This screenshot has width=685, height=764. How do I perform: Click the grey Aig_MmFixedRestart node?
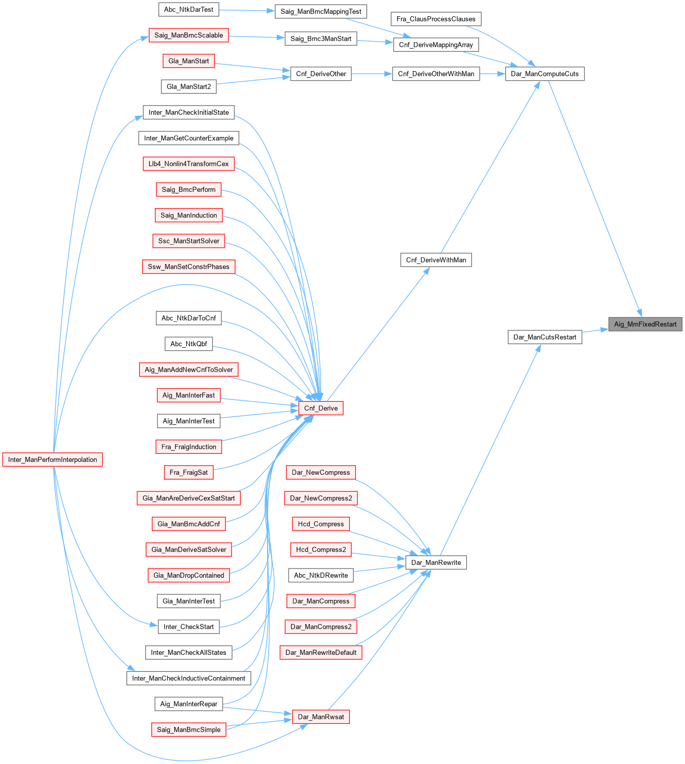645,324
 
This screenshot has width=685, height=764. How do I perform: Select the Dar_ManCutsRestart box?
544,337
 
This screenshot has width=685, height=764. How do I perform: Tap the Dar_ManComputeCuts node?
544,74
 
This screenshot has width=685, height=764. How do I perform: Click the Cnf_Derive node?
320,408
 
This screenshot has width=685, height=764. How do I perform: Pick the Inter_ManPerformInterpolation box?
52,459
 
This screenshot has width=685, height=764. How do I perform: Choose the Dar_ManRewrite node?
436,562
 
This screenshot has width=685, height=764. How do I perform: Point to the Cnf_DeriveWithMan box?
436,260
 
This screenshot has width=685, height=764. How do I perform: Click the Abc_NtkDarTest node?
188,9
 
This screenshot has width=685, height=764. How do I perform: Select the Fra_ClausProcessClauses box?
436,19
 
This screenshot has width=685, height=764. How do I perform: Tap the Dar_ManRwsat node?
320,717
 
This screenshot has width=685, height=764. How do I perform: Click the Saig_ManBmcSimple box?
188,729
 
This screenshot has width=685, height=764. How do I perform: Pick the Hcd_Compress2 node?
320,549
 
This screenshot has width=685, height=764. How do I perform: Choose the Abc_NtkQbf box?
188,344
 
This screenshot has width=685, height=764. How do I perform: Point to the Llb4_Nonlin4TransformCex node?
188,163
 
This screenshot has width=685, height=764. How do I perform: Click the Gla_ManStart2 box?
188,86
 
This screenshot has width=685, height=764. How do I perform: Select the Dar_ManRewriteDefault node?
320,652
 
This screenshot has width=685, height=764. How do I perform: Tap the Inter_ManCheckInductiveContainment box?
188,678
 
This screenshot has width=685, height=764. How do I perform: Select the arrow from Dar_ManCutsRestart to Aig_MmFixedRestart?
595,330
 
